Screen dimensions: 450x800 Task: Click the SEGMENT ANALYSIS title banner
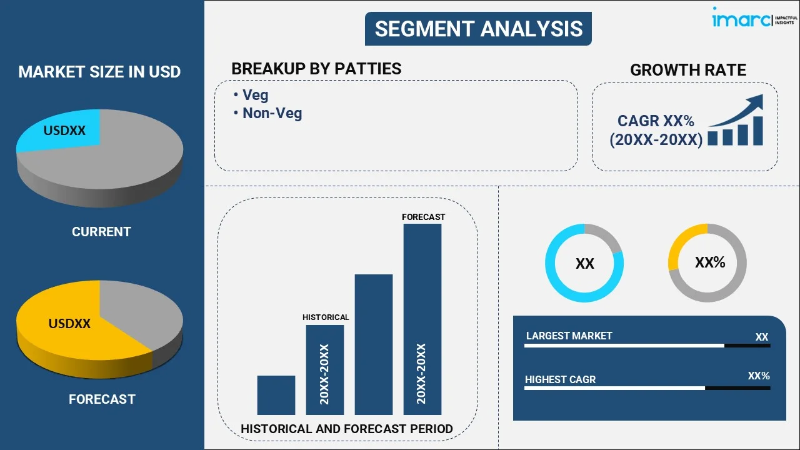478,29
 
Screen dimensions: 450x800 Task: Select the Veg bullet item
255,95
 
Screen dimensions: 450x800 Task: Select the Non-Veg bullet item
272,113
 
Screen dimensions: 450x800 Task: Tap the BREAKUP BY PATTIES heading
316,68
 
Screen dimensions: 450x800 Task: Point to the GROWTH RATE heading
687,70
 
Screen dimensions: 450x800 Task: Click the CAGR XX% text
656,121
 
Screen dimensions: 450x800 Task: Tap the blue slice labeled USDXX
62,131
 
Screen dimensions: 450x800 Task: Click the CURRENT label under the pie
101,232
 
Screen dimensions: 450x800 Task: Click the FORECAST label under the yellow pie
102,399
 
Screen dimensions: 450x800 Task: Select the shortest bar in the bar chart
276,395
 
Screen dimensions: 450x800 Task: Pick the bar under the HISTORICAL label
324,369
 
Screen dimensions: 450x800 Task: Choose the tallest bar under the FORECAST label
422,319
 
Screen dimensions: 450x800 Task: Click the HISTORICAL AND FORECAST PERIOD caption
347,429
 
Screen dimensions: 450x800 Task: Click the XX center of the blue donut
584,264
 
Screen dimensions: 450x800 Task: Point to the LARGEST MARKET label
569,336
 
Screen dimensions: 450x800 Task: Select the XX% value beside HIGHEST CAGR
759,376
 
